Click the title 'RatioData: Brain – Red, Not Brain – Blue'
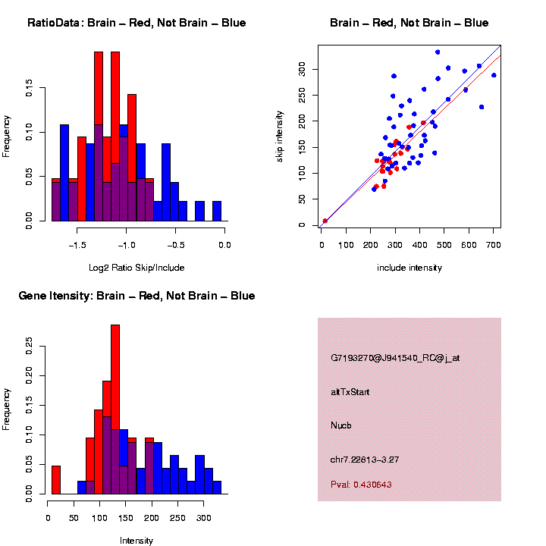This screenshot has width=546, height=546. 136,23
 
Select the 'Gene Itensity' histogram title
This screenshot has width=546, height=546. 136,296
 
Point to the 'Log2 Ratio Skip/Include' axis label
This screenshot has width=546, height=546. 137,268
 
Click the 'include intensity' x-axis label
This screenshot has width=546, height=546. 409,268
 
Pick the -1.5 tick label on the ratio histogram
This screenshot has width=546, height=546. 77,244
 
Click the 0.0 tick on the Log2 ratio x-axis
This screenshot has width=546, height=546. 224,244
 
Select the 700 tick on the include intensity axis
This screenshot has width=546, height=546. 494,244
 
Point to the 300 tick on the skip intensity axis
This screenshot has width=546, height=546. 302,70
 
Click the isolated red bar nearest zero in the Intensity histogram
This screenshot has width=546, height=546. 56,480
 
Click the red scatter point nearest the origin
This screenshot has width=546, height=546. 325,221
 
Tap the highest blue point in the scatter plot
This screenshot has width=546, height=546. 438,52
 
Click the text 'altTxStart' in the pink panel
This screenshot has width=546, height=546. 350,392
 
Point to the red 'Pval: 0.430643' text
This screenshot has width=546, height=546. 361,484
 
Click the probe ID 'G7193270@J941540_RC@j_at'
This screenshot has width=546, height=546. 395,358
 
